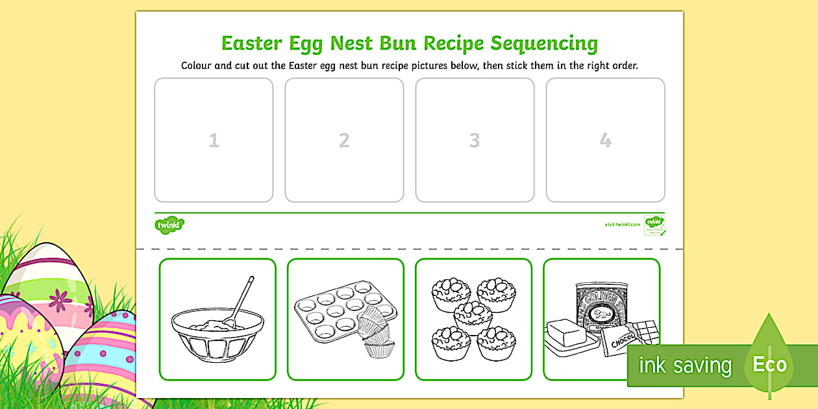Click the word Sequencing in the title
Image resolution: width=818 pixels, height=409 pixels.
tap(543, 43)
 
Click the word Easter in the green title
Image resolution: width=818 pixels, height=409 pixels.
tap(252, 43)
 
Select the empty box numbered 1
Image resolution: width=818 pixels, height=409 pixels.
tap(214, 140)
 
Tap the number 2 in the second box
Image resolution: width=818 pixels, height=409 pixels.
tap(344, 140)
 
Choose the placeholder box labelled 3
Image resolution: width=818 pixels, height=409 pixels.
tap(475, 140)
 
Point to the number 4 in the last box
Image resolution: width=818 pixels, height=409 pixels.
tap(605, 140)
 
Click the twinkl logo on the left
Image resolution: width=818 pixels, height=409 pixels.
tap(169, 225)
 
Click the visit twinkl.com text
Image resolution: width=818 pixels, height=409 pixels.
tap(622, 225)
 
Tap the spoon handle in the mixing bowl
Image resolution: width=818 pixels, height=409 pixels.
tap(242, 295)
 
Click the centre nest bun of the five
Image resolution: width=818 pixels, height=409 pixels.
tap(473, 316)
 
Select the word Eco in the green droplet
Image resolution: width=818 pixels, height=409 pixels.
tap(769, 364)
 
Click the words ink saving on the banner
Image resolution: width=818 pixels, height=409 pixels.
tap(685, 366)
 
